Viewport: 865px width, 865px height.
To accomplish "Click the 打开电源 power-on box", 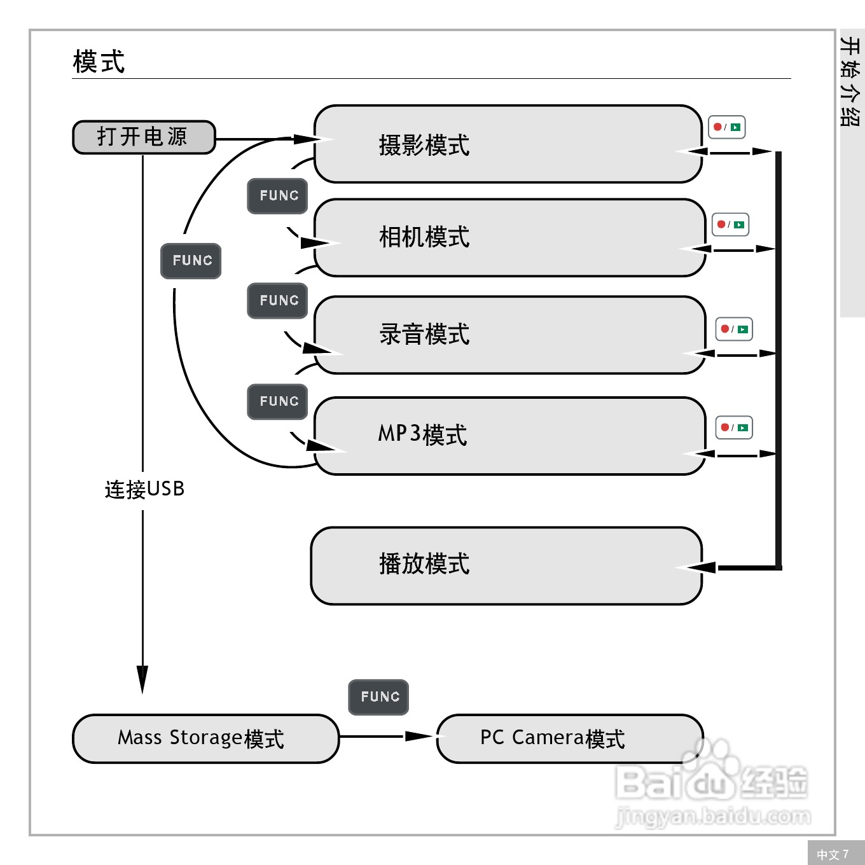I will tap(144, 137).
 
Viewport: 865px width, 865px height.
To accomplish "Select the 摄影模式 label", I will tap(424, 146).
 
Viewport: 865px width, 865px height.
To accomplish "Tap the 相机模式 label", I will tap(424, 237).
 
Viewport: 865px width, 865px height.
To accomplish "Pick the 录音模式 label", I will tap(424, 335).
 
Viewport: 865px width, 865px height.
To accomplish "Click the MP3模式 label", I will tap(423, 435).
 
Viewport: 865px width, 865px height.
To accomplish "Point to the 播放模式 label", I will tap(424, 564).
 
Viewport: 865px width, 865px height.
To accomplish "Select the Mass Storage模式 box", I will tap(205, 738).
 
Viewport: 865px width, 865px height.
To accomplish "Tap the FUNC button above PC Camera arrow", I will tap(379, 697).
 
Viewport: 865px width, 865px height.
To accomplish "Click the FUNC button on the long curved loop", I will tap(191, 261).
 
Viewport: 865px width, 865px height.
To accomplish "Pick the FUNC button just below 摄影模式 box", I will tap(277, 196).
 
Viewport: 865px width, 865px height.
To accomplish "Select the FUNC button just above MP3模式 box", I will tap(277, 402).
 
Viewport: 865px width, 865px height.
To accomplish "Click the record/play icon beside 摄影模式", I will tap(727, 127).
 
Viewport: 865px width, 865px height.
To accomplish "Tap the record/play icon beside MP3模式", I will tap(734, 427).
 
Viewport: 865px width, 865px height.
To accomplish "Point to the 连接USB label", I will tap(144, 489).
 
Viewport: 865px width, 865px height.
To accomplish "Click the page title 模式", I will tap(99, 62).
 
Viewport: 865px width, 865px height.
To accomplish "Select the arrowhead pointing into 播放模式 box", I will tap(700, 567).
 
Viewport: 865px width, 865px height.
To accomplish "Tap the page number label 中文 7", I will tap(833, 854).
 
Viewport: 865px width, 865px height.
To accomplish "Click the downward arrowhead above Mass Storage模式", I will tap(142, 678).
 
